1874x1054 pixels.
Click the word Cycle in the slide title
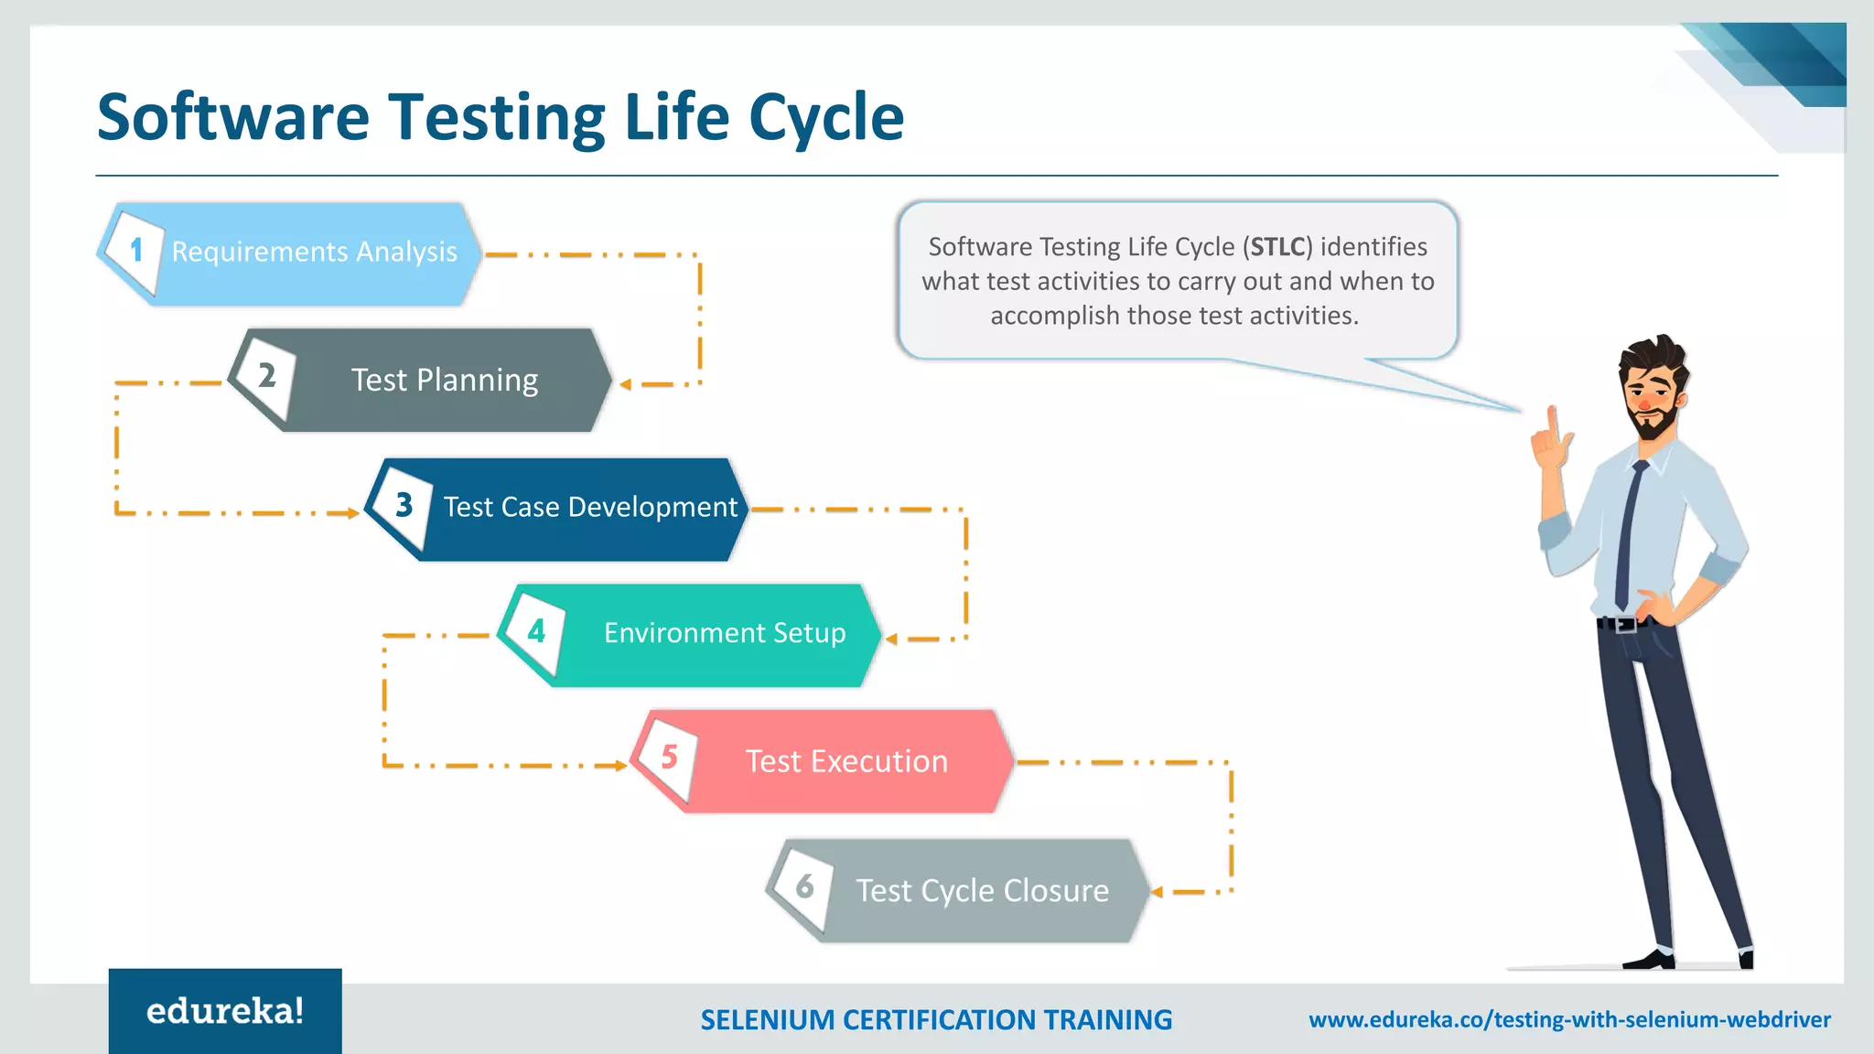coord(825,118)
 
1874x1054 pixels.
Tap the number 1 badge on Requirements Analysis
coord(136,250)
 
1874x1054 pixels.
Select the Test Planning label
coord(445,380)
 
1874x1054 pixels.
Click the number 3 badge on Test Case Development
coord(404,504)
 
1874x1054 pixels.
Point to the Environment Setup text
coord(725,633)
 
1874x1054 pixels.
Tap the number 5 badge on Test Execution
coord(669,757)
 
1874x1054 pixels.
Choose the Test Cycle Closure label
coord(982,890)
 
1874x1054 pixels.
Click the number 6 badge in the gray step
coord(804,886)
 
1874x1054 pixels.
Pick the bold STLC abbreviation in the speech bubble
coord(1277,247)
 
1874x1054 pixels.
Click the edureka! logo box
coord(225,1011)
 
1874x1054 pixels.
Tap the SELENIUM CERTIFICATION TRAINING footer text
coord(935,1019)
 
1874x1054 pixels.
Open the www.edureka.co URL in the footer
coord(1569,1019)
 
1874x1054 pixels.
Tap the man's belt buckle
coord(1625,625)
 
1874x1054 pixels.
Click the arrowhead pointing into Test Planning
coord(626,384)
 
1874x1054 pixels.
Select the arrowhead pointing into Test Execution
coord(621,765)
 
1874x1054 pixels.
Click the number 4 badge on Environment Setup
coord(536,630)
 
